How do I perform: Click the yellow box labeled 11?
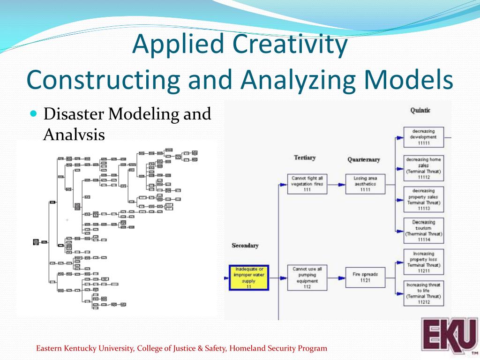pyautogui.click(x=249, y=277)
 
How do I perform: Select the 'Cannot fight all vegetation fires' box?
pyautogui.click(x=307, y=184)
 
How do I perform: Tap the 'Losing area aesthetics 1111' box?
pyautogui.click(x=365, y=184)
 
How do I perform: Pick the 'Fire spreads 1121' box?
pyautogui.click(x=365, y=277)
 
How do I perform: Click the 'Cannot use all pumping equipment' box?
pyautogui.click(x=307, y=277)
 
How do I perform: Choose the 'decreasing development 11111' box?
pyautogui.click(x=423, y=137)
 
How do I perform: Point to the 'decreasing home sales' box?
pyautogui.click(x=423, y=168)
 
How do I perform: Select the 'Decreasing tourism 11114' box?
pyautogui.click(x=423, y=231)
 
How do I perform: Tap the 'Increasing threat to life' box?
pyautogui.click(x=423, y=293)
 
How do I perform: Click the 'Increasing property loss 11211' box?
pyautogui.click(x=423, y=262)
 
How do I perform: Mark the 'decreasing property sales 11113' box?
pyautogui.click(x=423, y=199)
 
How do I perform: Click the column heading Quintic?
pyautogui.click(x=420, y=111)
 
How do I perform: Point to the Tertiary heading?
pyautogui.click(x=305, y=157)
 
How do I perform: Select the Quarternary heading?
pyautogui.click(x=364, y=160)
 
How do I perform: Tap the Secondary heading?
pyautogui.click(x=245, y=246)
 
